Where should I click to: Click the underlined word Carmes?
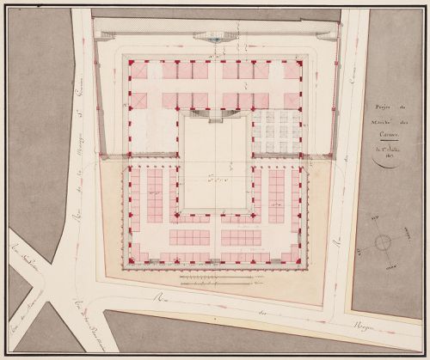387,135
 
